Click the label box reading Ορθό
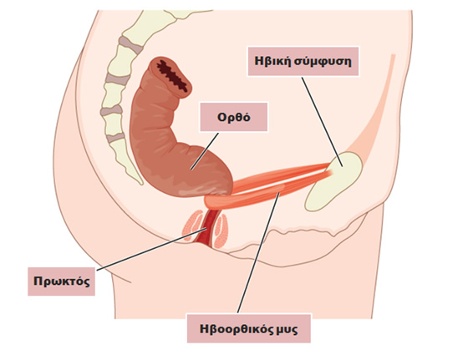pyautogui.click(x=233, y=117)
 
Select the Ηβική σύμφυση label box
pyautogui.click(x=303, y=61)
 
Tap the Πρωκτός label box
pyautogui.click(x=61, y=281)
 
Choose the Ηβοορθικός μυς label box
pyautogui.click(x=249, y=328)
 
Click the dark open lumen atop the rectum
pyautogui.click(x=174, y=76)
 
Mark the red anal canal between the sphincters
pyautogui.click(x=208, y=228)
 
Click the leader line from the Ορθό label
pyautogui.click(x=205, y=151)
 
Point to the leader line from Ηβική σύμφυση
pyautogui.click(x=322, y=122)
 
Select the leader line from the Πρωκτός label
pyautogui.click(x=152, y=249)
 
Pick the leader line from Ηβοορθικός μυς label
pyautogui.click(x=258, y=252)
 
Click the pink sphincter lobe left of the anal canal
pyautogui.click(x=191, y=225)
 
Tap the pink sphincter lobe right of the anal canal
pyautogui.click(x=221, y=231)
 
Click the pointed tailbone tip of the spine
pyautogui.click(x=140, y=182)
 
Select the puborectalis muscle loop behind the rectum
pyautogui.click(x=217, y=200)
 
